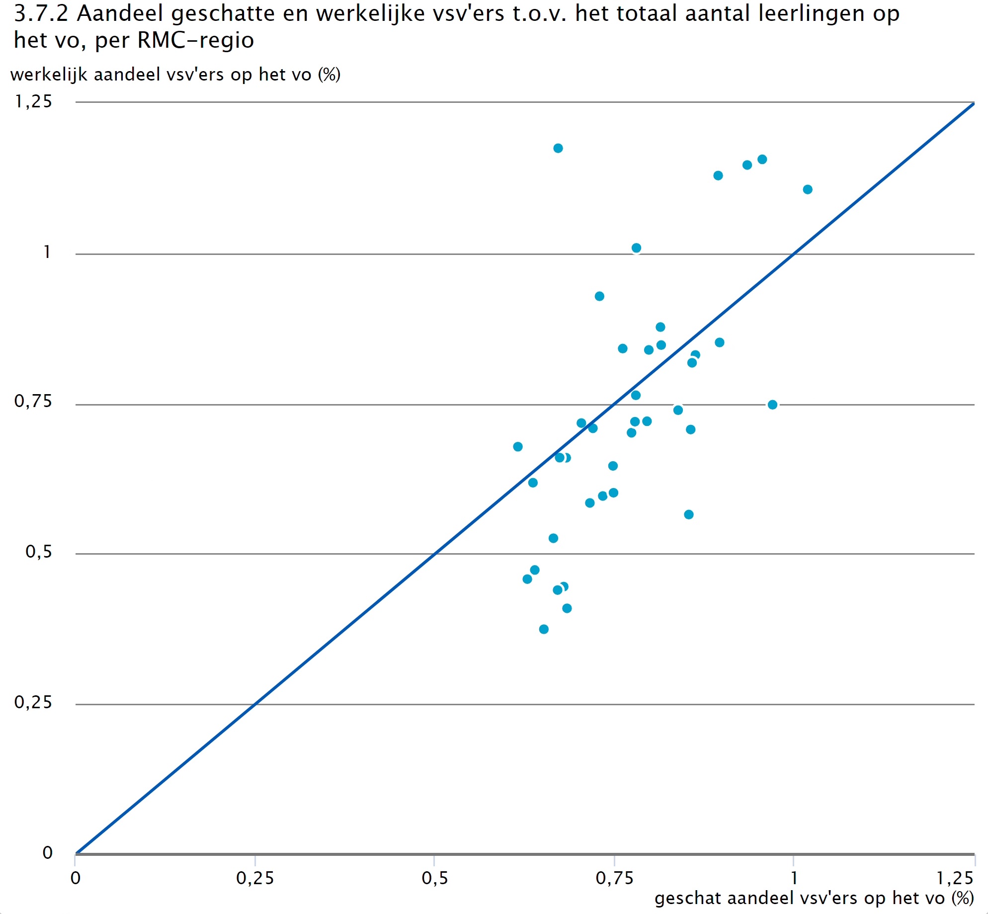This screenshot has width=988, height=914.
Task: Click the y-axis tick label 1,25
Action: click(x=33, y=101)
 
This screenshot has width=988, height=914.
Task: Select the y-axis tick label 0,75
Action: click(x=33, y=401)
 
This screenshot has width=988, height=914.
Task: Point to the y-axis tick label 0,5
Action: click(x=38, y=552)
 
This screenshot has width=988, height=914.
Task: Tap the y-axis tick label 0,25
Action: click(x=33, y=702)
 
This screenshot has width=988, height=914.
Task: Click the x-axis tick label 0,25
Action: click(x=255, y=879)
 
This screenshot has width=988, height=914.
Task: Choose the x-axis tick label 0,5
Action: click(x=434, y=879)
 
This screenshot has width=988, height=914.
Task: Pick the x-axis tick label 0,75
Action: click(x=614, y=879)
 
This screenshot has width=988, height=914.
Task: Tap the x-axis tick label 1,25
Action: click(x=955, y=879)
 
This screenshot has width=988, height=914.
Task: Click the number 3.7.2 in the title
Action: click(x=41, y=13)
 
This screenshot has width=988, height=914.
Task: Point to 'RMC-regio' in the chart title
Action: click(x=195, y=40)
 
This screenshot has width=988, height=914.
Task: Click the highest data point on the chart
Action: click(x=558, y=148)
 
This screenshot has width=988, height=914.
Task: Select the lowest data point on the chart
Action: click(x=544, y=629)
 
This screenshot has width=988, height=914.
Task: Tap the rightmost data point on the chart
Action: click(x=808, y=189)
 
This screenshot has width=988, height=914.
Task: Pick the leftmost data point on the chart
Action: click(x=518, y=447)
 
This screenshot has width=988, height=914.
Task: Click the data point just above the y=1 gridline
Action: click(x=636, y=248)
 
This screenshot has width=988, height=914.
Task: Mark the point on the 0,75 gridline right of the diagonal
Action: click(x=772, y=405)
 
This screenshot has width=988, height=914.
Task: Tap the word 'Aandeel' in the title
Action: click(x=120, y=13)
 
